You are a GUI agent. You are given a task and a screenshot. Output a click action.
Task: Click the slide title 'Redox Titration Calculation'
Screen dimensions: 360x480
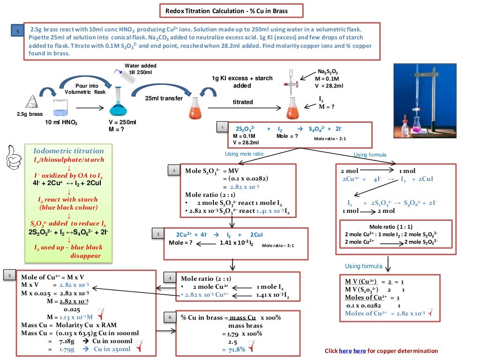(227, 10)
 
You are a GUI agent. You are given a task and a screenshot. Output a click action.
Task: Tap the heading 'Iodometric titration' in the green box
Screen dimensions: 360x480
(68, 151)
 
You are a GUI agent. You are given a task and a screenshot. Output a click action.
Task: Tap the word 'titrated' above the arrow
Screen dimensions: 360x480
(243, 102)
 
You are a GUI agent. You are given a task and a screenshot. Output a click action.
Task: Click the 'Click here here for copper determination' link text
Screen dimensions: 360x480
(381, 351)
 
